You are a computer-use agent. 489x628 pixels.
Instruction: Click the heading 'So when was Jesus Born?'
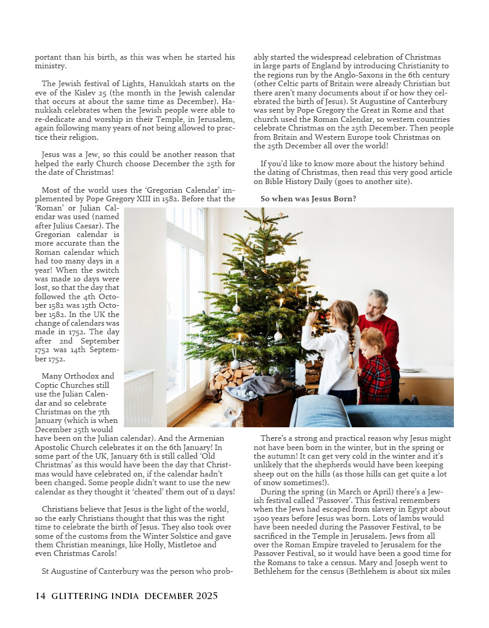308,199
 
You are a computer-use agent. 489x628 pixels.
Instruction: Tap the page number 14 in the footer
40,596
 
